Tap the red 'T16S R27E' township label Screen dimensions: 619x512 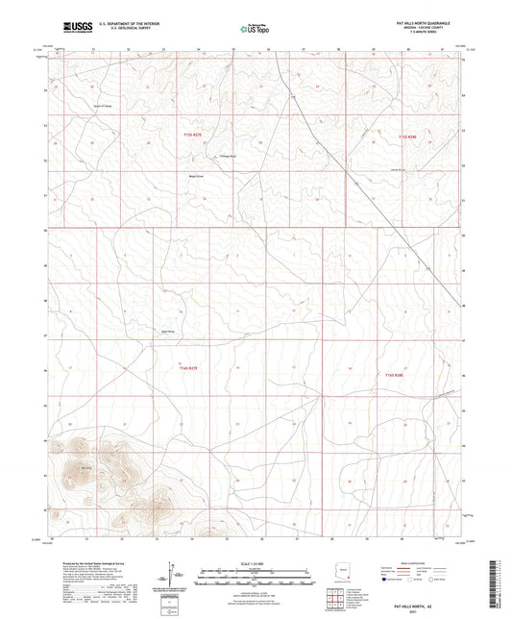coord(188,368)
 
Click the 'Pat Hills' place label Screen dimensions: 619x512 coord(86,468)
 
